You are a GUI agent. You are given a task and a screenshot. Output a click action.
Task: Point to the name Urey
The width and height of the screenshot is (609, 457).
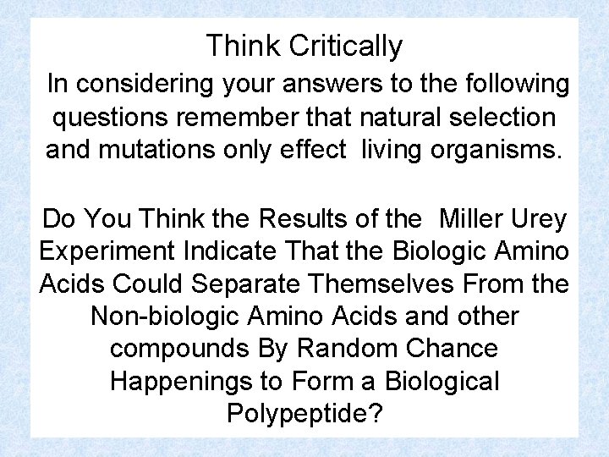540,219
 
